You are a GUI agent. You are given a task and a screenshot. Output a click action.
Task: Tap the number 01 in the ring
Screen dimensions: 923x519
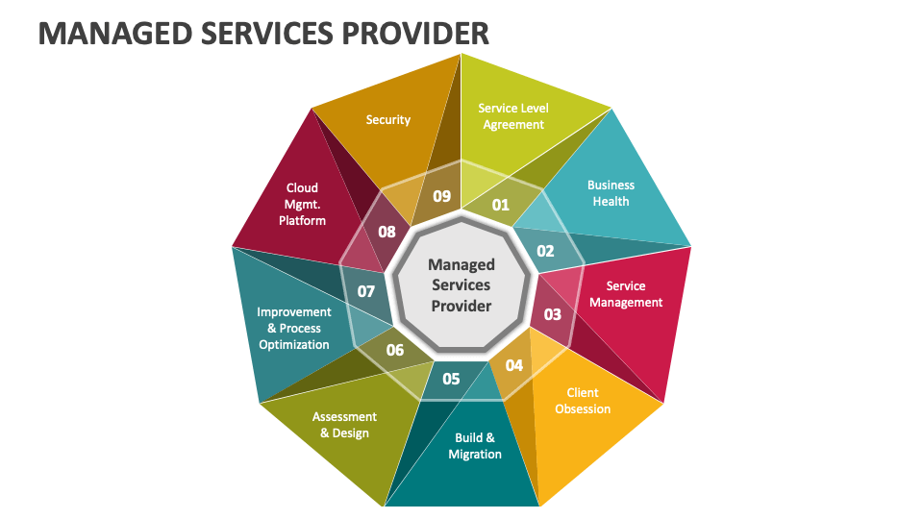(501, 204)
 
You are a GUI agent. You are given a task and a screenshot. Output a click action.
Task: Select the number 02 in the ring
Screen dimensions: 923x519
(545, 251)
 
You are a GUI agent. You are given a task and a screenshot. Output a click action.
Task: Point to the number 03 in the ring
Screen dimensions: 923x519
(553, 314)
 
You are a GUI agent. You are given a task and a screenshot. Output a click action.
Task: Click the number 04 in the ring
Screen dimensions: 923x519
(514, 365)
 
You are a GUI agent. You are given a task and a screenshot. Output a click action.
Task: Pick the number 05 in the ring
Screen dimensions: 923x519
(451, 379)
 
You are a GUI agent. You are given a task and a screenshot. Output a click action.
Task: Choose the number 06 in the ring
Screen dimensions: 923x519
(395, 350)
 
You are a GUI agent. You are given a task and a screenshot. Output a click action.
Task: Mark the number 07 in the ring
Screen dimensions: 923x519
(366, 290)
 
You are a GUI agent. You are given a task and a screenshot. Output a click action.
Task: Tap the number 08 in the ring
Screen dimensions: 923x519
(387, 232)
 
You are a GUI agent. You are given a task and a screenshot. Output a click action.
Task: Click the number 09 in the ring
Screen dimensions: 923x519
(441, 196)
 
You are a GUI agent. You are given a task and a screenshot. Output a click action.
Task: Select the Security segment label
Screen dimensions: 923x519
(388, 120)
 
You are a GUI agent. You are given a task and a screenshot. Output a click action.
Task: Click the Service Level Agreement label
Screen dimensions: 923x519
(513, 116)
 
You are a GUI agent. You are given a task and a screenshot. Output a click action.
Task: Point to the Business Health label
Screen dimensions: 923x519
(611, 193)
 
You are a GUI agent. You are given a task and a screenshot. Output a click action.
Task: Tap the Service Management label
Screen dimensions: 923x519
(626, 294)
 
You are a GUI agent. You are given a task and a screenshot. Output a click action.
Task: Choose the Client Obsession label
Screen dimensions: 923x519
(583, 401)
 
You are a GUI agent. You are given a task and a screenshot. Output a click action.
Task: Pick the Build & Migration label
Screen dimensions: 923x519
(475, 446)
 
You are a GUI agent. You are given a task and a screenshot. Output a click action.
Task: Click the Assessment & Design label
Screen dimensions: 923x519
(344, 425)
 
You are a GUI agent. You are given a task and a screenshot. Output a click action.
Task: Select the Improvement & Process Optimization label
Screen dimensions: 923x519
(294, 328)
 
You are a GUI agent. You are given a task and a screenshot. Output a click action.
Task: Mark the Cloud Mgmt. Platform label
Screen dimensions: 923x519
(302, 204)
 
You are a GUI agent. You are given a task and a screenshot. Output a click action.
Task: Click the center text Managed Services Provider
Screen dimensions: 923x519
(461, 284)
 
